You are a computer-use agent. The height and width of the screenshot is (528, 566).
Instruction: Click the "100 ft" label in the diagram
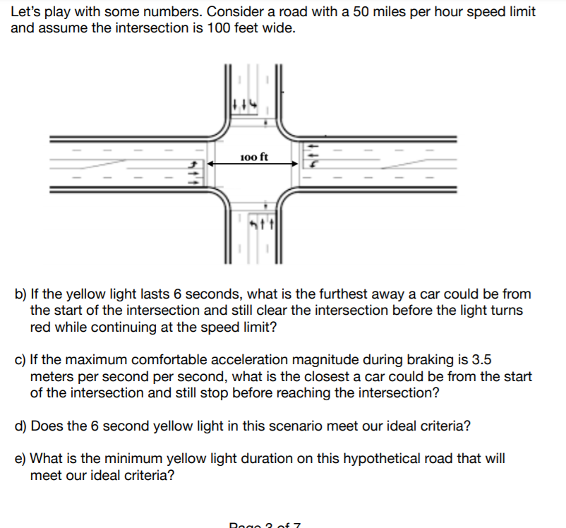[x=253, y=157]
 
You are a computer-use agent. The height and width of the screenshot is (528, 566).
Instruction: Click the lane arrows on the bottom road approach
[x=263, y=224]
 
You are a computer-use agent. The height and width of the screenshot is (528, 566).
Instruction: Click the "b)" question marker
[x=20, y=294]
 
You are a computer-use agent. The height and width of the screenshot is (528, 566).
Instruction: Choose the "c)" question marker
[x=20, y=361]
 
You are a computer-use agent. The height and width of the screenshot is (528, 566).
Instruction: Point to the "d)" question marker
[x=20, y=426]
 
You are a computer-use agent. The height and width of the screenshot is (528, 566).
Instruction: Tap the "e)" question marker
[x=20, y=459]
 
